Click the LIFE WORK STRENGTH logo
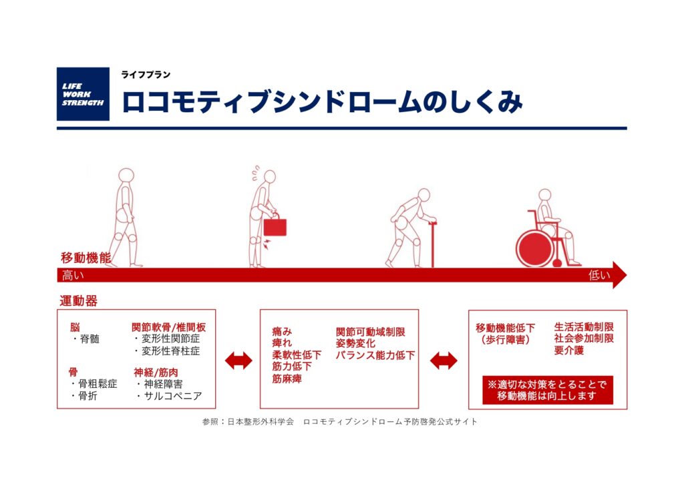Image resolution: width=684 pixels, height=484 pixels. pyautogui.click(x=83, y=93)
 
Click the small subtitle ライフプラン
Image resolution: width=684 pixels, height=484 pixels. pyautogui.click(x=146, y=75)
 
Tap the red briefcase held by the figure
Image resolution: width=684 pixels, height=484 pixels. pyautogui.click(x=275, y=226)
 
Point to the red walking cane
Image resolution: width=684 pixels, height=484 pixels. pyautogui.click(x=432, y=244)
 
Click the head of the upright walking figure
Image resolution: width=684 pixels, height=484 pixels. pyautogui.click(x=126, y=176)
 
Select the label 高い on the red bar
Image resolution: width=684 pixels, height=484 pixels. pyautogui.click(x=73, y=276)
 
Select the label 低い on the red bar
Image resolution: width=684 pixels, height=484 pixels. pyautogui.click(x=599, y=275)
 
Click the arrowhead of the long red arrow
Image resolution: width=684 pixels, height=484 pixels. pyautogui.click(x=619, y=275)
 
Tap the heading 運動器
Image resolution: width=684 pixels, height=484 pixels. pyautogui.click(x=79, y=300)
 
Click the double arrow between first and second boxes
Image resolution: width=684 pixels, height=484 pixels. pyautogui.click(x=238, y=360)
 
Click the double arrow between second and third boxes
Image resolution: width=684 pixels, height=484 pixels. pyautogui.click(x=444, y=360)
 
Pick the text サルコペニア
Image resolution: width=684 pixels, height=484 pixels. pyautogui.click(x=173, y=396)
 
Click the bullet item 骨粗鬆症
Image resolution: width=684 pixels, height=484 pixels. pyautogui.click(x=98, y=384)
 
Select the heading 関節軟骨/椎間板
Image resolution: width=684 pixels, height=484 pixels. pyautogui.click(x=169, y=327)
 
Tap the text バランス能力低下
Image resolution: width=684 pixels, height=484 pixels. pyautogui.click(x=375, y=355)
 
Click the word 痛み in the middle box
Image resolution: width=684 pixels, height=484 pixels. pyautogui.click(x=282, y=332)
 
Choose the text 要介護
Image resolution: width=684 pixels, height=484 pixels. pyautogui.click(x=569, y=350)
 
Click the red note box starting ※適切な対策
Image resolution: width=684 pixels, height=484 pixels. pyautogui.click(x=548, y=391)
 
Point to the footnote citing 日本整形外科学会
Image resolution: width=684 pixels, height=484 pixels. pyautogui.click(x=340, y=422)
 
